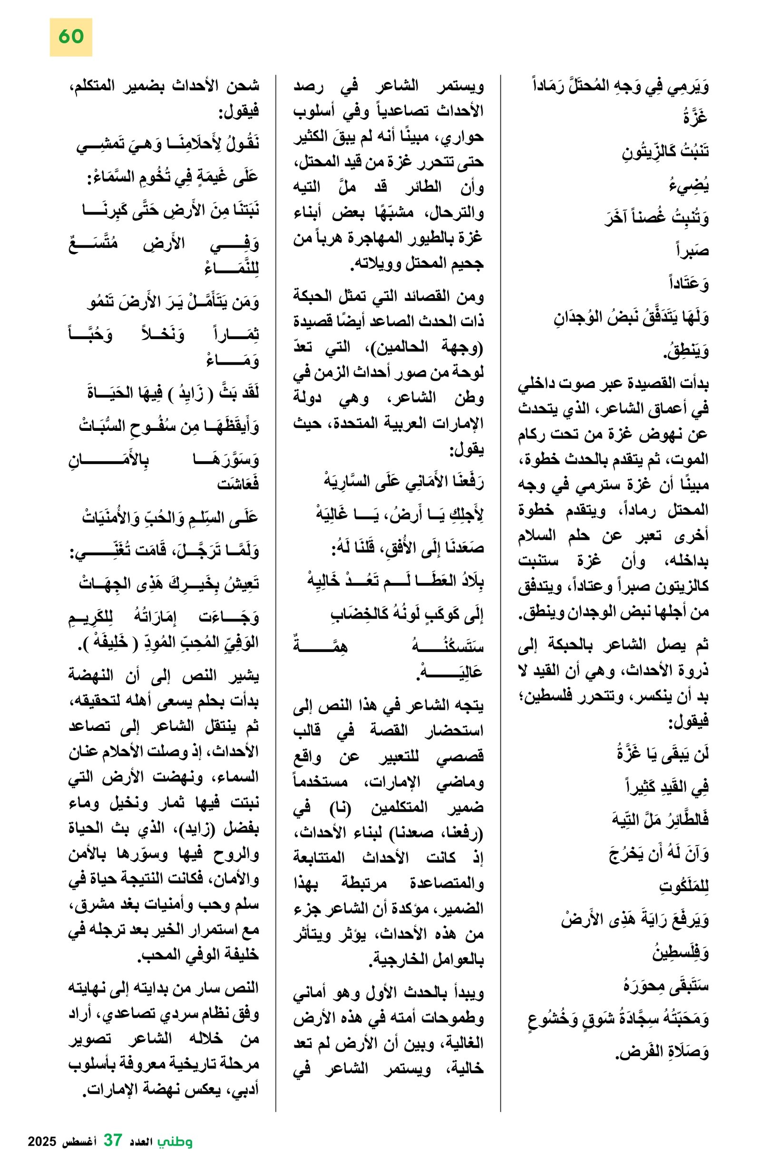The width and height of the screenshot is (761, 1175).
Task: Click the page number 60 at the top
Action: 70,37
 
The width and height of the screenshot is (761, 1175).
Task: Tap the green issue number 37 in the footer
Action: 113,1140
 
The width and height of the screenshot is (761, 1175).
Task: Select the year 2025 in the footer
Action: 43,1141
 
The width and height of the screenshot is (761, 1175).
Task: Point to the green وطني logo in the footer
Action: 175,1141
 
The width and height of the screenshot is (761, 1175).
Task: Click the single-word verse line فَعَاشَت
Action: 237,484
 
